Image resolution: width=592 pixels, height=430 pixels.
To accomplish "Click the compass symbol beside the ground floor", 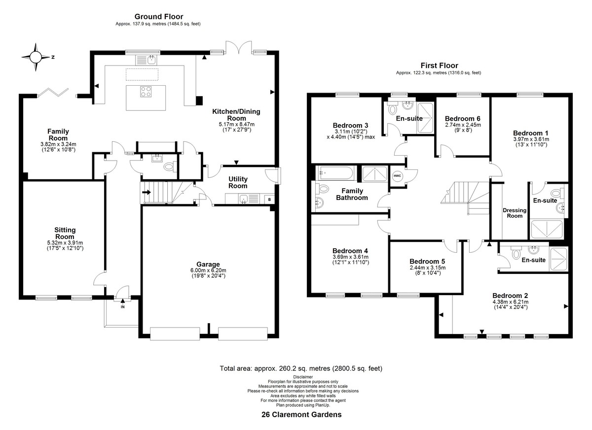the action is pos(36,57).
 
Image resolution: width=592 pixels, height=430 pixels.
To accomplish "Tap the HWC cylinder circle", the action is pos(397,176).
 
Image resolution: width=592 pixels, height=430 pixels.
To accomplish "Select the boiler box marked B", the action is pos(269,199).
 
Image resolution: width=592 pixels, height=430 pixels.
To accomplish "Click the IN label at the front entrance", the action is pos(123,307).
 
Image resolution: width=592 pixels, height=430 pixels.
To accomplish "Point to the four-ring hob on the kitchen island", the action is pos(146,92).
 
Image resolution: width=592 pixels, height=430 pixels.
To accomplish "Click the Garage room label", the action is pos(208,264).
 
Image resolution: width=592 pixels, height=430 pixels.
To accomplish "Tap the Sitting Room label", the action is pos(65,233).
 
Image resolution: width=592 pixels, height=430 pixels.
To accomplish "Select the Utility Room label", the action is pos(238,182).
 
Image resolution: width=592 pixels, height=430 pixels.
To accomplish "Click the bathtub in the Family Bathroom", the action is pos(334,173).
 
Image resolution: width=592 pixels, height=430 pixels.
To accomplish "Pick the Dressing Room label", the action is pos(514,213).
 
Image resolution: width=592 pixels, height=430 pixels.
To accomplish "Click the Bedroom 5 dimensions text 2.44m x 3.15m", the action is pos(427,267).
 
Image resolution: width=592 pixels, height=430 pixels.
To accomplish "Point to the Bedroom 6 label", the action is pos(463,118).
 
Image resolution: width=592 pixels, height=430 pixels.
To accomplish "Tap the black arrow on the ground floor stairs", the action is pos(147,192).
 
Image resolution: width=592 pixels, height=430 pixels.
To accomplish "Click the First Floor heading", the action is pos(439,65).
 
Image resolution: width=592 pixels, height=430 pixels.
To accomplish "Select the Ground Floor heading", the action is pos(159,17).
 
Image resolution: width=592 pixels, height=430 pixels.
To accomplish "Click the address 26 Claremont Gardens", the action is pos(301,414).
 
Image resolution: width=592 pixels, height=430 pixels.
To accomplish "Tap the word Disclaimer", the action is pos(303,377).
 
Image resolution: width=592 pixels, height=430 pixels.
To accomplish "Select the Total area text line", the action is pos(301,368).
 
